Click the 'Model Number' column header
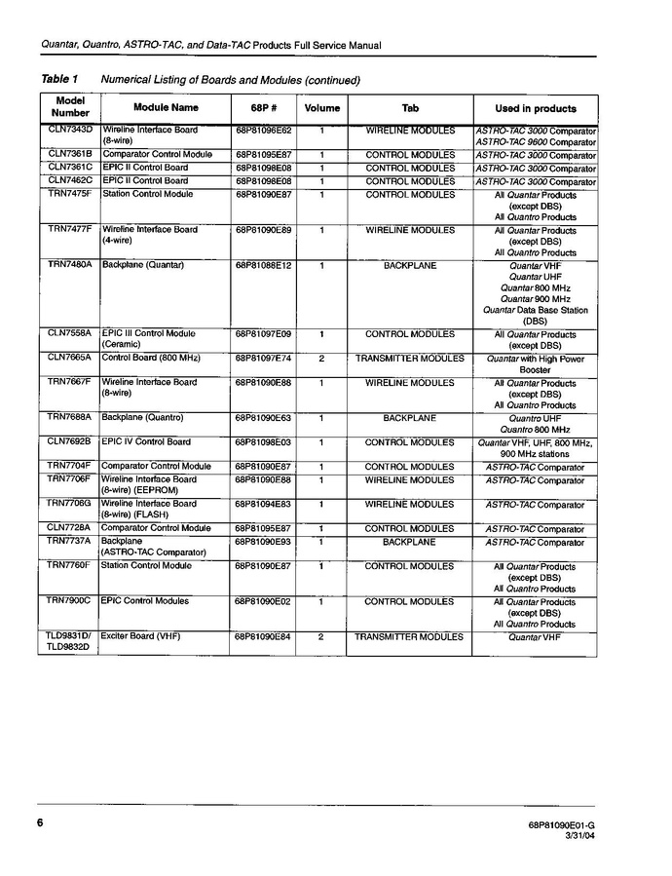pyautogui.click(x=70, y=107)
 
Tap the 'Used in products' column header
pyautogui.click(x=535, y=108)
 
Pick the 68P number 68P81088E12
pyautogui.click(x=263, y=265)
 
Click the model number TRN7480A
pyautogui.click(x=70, y=265)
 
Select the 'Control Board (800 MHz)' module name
pyautogui.click(x=151, y=358)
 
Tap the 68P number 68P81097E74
pyautogui.click(x=263, y=359)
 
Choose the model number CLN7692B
pyautogui.click(x=70, y=441)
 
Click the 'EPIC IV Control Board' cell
pyautogui.click(x=146, y=441)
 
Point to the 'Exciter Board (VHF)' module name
pyautogui.click(x=141, y=636)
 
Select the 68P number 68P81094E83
pyautogui.click(x=263, y=505)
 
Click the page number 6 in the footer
pyautogui.click(x=42, y=822)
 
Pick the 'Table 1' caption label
pyautogui.click(x=59, y=79)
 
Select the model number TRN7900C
pyautogui.click(x=70, y=601)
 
